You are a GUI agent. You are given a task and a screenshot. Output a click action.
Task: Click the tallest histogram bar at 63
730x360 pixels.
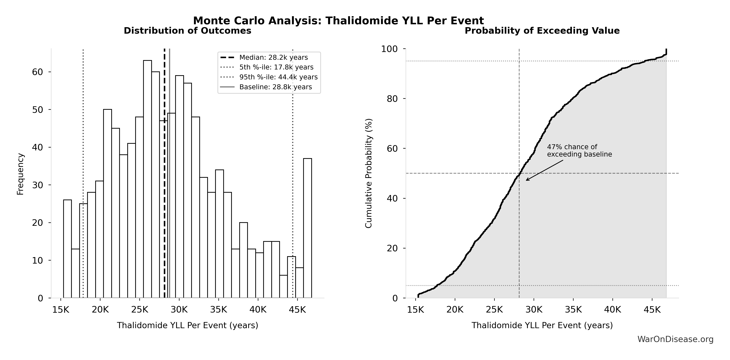click(x=147, y=178)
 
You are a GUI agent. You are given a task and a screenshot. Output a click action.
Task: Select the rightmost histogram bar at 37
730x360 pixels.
click(x=307, y=228)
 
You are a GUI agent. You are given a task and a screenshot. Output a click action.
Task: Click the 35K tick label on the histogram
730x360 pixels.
click(x=219, y=310)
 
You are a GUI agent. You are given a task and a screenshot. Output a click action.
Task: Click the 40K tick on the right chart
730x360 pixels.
click(x=613, y=310)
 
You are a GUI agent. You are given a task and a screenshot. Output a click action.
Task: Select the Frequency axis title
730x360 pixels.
click(x=20, y=174)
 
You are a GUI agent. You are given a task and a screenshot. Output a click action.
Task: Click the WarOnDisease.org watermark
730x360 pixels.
click(x=675, y=339)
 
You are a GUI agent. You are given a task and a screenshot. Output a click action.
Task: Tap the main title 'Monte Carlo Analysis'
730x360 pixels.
click(x=338, y=21)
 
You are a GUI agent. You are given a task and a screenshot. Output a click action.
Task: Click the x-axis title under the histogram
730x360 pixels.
click(x=187, y=325)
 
